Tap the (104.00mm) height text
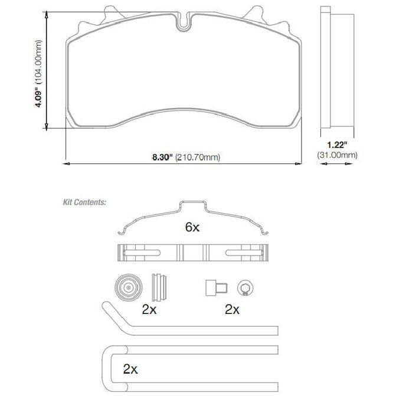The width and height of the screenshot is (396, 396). [x=38, y=61]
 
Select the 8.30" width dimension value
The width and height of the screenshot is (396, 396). [x=162, y=157]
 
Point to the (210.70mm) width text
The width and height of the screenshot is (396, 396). [x=198, y=158]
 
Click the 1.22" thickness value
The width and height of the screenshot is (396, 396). [x=337, y=145]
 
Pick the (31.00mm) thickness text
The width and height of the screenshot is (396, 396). [x=338, y=155]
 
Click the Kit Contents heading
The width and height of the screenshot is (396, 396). [x=84, y=202]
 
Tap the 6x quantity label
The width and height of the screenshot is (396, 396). [x=192, y=227]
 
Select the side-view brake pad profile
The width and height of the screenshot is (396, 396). [x=337, y=67]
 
